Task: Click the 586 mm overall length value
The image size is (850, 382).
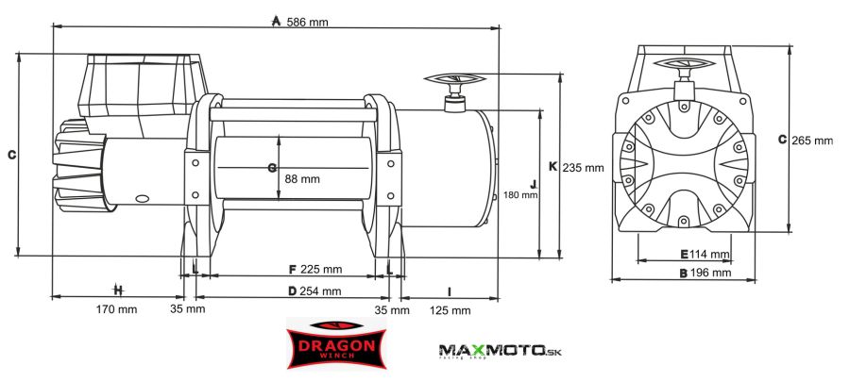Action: pos(307,23)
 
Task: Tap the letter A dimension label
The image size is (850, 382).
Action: pos(276,22)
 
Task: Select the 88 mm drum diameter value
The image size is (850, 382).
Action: pos(302,179)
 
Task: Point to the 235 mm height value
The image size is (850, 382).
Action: pos(583,168)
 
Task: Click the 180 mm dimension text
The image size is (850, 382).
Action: pos(520,195)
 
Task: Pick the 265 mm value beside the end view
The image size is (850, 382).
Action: pos(812,141)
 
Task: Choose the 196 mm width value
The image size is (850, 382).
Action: pos(710,273)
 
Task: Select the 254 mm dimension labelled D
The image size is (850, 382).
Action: pos(321,291)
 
